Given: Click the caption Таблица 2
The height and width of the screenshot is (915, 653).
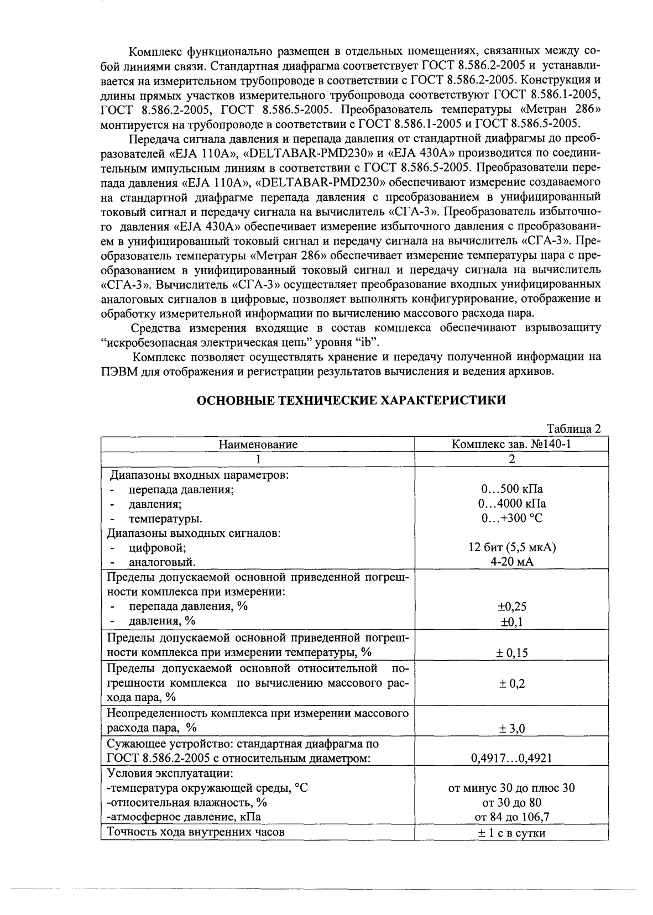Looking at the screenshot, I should click(573, 429).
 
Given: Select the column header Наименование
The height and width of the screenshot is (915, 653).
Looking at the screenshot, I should click(258, 445).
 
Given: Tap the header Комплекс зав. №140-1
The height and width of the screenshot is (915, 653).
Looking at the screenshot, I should click(511, 445).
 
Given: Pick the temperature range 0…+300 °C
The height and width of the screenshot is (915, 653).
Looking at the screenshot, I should click(511, 519).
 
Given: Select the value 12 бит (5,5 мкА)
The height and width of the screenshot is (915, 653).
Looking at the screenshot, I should click(511, 548).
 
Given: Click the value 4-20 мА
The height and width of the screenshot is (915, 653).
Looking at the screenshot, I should click(511, 562).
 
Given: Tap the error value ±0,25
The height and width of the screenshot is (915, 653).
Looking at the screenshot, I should click(511, 607).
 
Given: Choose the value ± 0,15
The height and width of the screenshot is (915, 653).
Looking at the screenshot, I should click(511, 653).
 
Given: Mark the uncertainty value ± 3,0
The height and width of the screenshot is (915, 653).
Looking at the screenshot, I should click(511, 729).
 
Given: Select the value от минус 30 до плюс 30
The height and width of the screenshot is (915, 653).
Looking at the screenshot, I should click(511, 788).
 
